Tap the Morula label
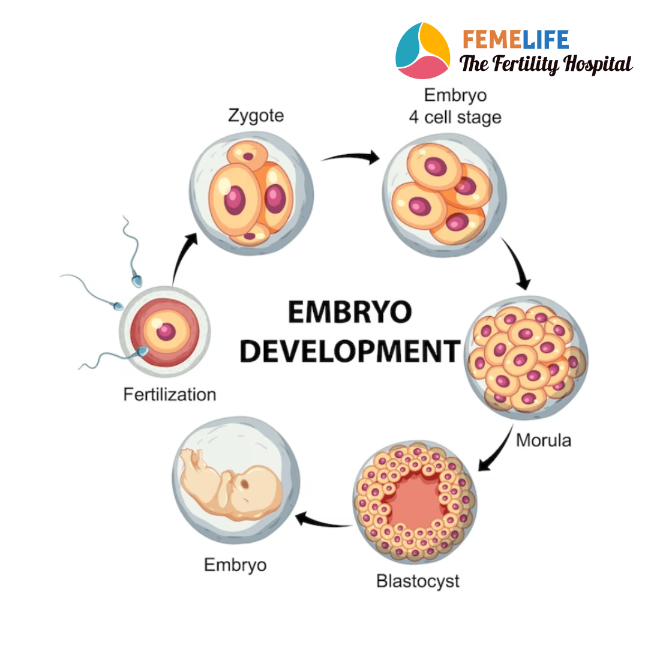click(x=544, y=441)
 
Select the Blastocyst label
click(x=418, y=581)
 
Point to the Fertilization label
click(x=169, y=395)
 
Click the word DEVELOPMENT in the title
click(x=350, y=350)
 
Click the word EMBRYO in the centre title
click(x=350, y=313)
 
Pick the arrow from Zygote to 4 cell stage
click(x=350, y=158)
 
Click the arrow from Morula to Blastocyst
click(x=496, y=451)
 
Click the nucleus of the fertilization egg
click(x=166, y=331)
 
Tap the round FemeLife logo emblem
click(x=422, y=50)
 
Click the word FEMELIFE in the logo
click(x=515, y=40)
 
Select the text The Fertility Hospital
click(x=545, y=64)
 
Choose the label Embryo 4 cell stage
click(x=455, y=106)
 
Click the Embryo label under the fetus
click(x=235, y=565)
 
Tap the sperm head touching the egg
click(x=143, y=351)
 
